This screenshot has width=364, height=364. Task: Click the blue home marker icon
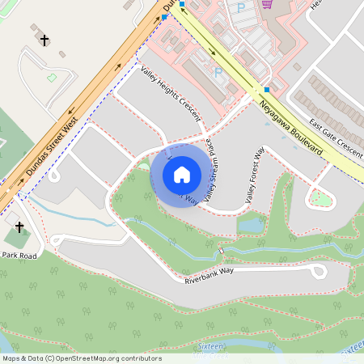(181, 174)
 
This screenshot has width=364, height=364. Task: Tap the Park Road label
(19, 256)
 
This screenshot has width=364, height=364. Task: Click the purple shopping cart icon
(268, 5)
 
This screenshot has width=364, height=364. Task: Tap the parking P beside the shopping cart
(240, 7)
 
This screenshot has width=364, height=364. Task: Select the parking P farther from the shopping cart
(218, 71)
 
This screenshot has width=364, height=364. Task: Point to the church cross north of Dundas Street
(44, 39)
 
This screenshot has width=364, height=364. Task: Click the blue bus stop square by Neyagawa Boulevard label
(266, 90)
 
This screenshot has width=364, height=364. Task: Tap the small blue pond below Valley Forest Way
(251, 223)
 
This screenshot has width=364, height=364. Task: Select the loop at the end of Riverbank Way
(318, 270)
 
